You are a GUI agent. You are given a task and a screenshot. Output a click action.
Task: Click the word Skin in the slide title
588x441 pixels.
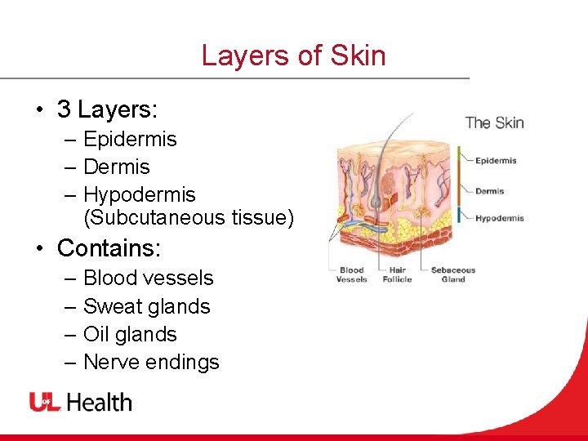tap(358, 56)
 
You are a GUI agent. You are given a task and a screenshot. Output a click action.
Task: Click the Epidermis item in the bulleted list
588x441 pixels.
tap(130, 140)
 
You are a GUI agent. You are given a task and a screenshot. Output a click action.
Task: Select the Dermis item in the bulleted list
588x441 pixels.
tap(117, 167)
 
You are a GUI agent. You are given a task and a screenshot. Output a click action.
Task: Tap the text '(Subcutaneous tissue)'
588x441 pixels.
tap(188, 217)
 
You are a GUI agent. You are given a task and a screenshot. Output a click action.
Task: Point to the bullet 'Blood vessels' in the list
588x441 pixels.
tap(148, 278)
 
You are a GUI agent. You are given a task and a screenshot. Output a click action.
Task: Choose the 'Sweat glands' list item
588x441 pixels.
tap(147, 307)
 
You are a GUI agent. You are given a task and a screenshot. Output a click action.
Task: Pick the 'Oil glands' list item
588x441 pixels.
tap(130, 335)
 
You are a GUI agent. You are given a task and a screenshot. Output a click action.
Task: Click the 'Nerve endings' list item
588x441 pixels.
tap(151, 363)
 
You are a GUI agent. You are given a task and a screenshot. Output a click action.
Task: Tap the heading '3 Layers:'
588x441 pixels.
tap(107, 109)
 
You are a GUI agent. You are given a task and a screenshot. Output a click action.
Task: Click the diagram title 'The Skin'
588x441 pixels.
tap(494, 123)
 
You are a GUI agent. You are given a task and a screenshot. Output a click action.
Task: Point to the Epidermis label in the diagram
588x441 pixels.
tap(496, 161)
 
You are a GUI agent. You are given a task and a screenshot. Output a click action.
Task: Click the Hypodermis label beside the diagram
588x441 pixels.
tap(499, 218)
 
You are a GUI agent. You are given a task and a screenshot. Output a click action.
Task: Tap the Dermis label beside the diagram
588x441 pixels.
tap(489, 191)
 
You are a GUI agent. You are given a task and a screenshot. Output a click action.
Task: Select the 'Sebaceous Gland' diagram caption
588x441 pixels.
tap(452, 274)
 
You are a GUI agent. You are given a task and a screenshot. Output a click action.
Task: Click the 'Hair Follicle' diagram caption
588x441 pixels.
tap(397, 274)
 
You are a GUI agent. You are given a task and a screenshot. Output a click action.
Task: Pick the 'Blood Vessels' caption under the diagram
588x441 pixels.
tap(351, 274)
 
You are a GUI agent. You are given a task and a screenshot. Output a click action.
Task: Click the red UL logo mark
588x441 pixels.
tap(46, 402)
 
